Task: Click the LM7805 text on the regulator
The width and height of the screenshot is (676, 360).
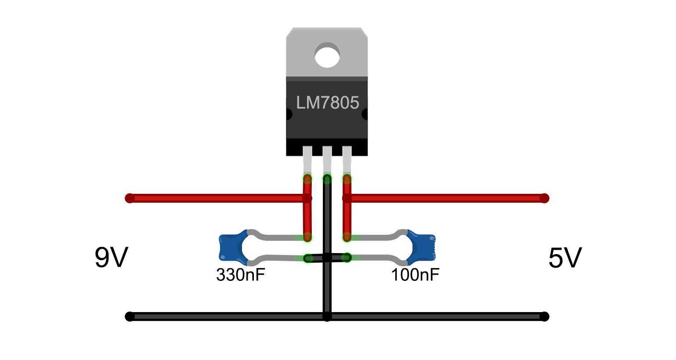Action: point(327,103)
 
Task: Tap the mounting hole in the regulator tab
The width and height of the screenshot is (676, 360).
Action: point(327,55)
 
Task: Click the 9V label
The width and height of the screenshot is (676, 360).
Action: point(111,258)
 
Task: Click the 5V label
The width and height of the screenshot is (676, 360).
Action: point(565,258)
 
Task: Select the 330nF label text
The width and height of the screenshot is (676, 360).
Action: point(240,275)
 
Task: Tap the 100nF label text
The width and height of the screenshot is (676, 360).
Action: point(415,275)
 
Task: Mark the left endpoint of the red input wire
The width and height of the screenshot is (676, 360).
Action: point(130,198)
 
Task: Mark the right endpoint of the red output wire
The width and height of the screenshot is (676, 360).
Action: point(544,198)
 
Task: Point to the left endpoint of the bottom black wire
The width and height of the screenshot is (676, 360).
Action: point(130,316)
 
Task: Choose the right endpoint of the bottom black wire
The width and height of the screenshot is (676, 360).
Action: point(544,316)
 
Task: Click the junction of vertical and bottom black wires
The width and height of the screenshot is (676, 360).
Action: point(327,316)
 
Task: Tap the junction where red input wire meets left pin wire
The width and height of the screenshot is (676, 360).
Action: point(307,198)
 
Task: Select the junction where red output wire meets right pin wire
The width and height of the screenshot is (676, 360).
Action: point(347,198)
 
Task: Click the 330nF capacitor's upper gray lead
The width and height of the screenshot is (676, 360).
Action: point(277,237)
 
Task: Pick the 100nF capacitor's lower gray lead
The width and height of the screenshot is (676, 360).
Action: point(378,257)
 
